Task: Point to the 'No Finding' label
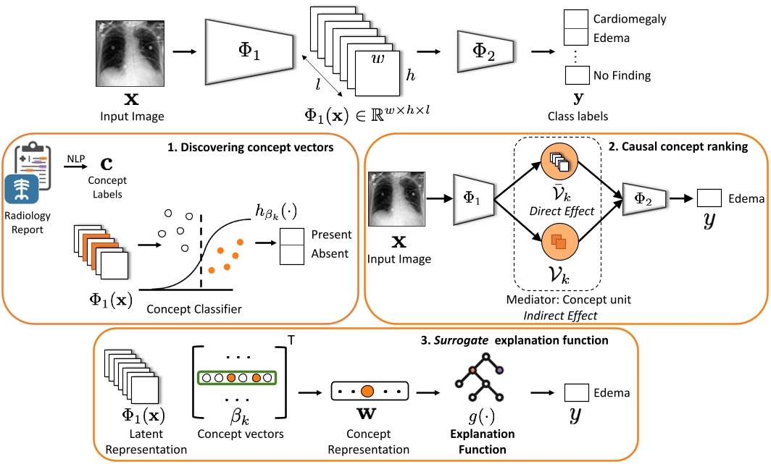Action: tap(622, 75)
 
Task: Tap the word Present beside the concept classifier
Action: tap(331, 235)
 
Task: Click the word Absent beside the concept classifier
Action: tap(330, 255)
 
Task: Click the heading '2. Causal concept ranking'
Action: tap(688, 147)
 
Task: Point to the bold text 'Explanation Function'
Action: tap(478, 441)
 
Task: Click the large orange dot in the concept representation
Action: tap(367, 392)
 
